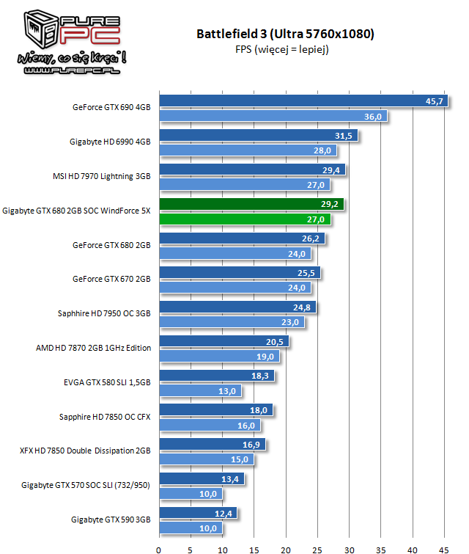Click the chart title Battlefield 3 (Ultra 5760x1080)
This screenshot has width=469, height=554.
286,34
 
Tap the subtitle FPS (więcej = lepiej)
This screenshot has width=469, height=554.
286,49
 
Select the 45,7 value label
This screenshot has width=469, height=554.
435,101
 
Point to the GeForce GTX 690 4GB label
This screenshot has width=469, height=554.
111,107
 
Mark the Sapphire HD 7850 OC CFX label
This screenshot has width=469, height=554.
105,417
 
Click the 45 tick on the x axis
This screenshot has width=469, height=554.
444,547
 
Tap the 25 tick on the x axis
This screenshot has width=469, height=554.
317,547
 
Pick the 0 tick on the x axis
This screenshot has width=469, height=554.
159,547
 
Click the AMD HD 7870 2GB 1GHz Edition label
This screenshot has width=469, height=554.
93,348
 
